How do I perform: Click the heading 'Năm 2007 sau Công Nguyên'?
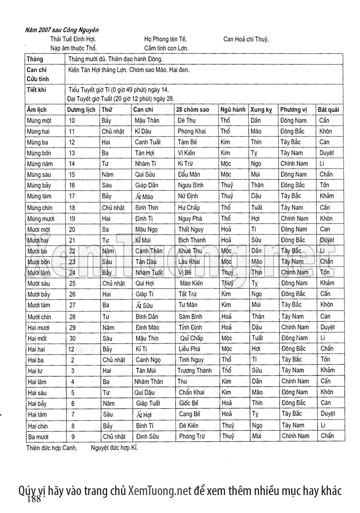(62, 30)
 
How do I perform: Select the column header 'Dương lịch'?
(81, 109)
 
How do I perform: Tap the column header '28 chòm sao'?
(193, 109)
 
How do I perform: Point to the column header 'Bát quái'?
(328, 109)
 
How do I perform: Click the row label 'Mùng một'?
(39, 120)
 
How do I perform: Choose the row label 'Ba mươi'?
(38, 437)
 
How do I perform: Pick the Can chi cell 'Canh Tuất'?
(148, 142)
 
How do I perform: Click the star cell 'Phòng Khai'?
(192, 131)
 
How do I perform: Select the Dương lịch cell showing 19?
(72, 218)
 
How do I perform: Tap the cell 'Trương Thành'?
(194, 370)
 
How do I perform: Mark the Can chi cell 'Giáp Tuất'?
(148, 403)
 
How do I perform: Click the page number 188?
(34, 500)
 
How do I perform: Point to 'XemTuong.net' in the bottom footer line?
(160, 491)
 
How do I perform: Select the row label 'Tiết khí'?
(36, 89)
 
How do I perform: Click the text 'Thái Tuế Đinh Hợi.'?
(73, 39)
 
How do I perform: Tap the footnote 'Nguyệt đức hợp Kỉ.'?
(114, 448)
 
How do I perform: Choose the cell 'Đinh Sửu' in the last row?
(147, 437)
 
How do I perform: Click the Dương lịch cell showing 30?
(72, 338)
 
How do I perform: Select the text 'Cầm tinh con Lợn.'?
(166, 48)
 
